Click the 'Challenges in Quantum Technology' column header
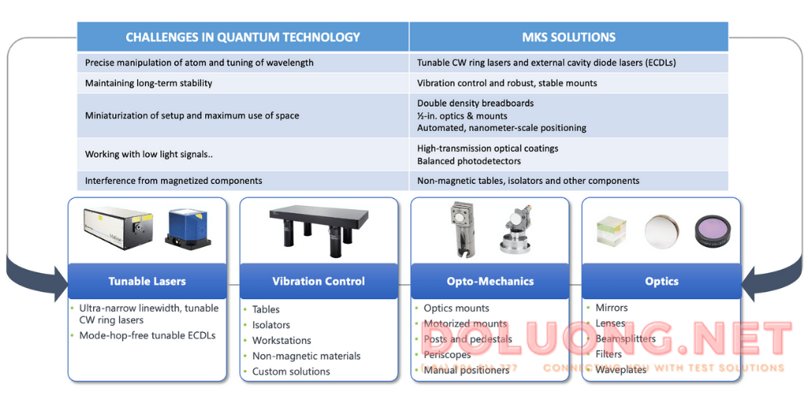tap(242, 37)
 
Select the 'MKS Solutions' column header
tap(568, 37)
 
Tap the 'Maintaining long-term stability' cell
tap(148, 83)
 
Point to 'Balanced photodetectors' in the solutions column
tap(469, 161)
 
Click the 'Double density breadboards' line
tap(475, 103)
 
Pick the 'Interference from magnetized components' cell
tap(174, 181)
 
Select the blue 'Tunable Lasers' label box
tap(148, 281)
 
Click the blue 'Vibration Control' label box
tap(318, 281)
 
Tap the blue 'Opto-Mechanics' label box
tap(490, 281)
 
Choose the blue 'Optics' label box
tap(661, 281)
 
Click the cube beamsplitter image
tap(612, 230)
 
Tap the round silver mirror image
tap(661, 230)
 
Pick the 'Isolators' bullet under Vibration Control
tap(271, 325)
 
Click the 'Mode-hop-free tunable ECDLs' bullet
tap(147, 335)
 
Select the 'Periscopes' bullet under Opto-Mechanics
tap(447, 355)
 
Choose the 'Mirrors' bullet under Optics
tap(612, 308)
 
